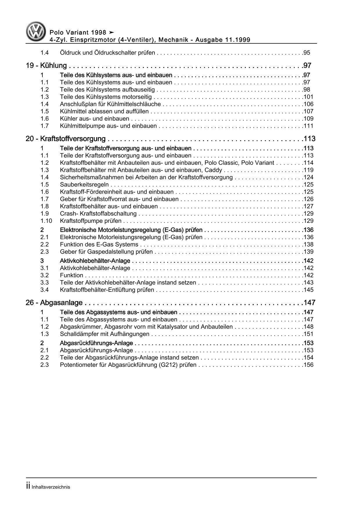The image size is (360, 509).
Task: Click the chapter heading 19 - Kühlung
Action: pos(46,66)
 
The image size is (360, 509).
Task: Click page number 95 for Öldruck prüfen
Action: pos(306,53)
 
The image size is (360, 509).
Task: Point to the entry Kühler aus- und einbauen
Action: pos(95,118)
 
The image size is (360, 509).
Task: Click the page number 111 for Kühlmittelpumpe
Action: pos(308,126)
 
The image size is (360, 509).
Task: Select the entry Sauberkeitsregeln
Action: pos(84,184)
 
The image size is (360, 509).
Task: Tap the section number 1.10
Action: pos(46,221)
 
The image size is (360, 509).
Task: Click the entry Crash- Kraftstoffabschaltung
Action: pos(98,213)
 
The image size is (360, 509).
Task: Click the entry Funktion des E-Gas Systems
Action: pos(99,244)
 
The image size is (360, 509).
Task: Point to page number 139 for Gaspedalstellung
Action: pos(308,252)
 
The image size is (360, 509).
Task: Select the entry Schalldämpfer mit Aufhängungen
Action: pos(105,334)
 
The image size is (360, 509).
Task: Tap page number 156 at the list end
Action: pos(308,365)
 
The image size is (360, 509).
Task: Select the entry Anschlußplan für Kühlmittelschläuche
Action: pos(110,104)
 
